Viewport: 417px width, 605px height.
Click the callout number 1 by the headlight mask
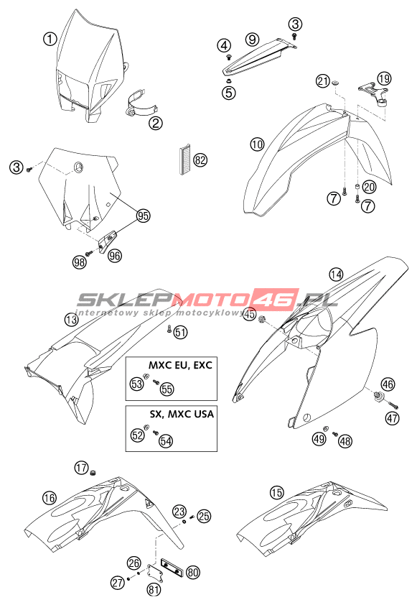[x=50, y=39]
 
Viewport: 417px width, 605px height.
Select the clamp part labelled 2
[x=141, y=104]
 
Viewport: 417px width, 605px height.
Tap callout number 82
[x=200, y=160]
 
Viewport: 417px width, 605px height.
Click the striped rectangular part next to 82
[x=185, y=160]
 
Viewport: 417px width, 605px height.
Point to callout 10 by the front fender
[x=257, y=144]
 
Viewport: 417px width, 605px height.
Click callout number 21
[x=323, y=81]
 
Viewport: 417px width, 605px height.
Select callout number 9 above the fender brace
[x=252, y=39]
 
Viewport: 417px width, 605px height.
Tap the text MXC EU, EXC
[x=180, y=364]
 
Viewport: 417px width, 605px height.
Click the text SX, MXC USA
[x=182, y=414]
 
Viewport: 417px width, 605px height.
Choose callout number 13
[x=72, y=320]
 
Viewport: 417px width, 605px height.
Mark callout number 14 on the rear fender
[x=336, y=274]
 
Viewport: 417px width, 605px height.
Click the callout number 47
[x=393, y=418]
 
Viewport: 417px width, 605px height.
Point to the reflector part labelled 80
[x=172, y=566]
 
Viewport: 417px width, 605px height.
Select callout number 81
[x=154, y=588]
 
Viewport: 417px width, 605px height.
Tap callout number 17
[x=82, y=468]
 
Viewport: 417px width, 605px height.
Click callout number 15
[x=277, y=492]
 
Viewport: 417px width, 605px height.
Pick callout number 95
[x=143, y=216]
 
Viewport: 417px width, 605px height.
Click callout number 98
[x=80, y=262]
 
